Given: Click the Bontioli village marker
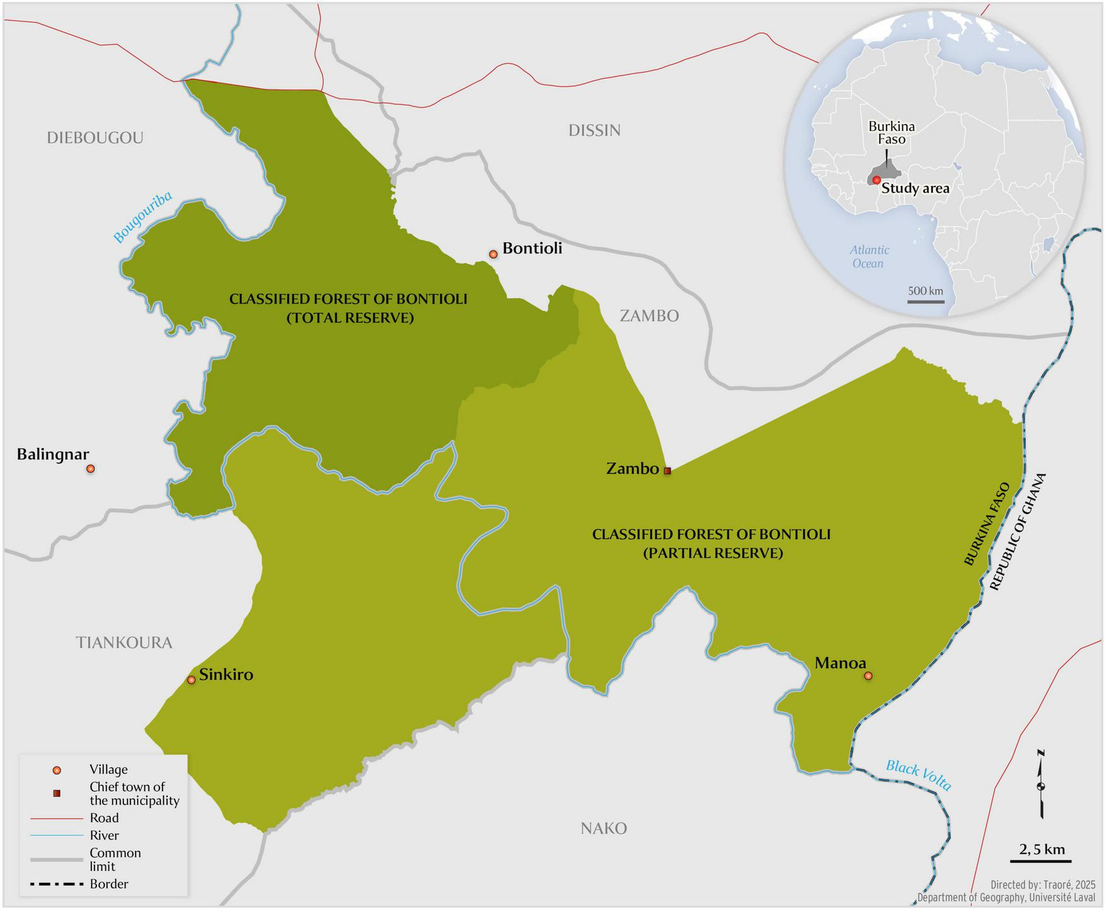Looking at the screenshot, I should (493, 254).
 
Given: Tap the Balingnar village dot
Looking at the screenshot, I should (91, 468).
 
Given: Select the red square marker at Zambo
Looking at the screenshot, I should (667, 470).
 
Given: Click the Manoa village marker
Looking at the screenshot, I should (868, 676).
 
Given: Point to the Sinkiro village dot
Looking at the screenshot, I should (192, 680).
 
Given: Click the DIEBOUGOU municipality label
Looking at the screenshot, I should (95, 137).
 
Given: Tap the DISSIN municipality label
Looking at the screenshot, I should (594, 131).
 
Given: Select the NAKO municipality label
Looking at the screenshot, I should (603, 828).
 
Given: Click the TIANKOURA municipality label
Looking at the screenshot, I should (124, 642).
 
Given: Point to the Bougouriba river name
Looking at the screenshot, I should (143, 218).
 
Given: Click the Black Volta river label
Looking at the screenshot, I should (918, 775).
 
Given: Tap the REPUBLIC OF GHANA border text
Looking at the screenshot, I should (1017, 532).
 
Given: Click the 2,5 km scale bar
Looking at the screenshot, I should (1046, 860).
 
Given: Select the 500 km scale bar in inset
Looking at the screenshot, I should (926, 301).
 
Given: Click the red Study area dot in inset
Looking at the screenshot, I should (876, 180).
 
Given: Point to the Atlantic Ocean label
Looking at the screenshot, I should (868, 257).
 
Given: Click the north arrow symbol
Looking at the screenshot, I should (1041, 785).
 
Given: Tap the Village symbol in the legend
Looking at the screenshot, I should (57, 770).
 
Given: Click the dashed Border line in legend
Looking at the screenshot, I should (57, 884).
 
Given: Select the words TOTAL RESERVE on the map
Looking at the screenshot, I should (350, 318).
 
